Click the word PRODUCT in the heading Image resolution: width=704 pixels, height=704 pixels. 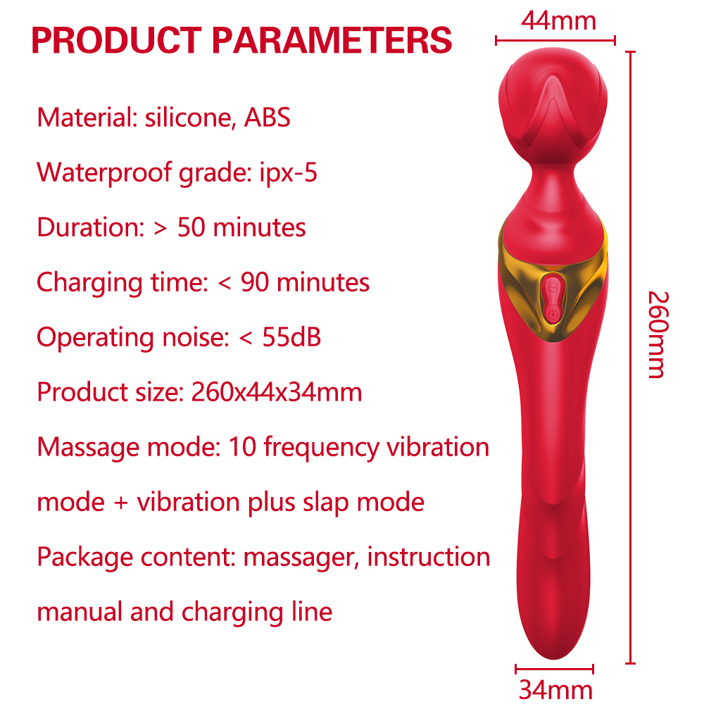coord(117,40)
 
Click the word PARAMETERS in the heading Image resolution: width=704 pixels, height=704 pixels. coord(332,40)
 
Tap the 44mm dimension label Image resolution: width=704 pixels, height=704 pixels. coord(558,20)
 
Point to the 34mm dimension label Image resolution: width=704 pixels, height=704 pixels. coord(555,690)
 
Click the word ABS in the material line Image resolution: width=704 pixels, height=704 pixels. coord(267,118)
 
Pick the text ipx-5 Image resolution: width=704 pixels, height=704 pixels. coord(288,173)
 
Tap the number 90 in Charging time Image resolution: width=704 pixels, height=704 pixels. coord(255,282)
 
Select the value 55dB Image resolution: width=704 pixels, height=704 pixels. coord(291,337)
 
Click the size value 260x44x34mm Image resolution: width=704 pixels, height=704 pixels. coord(277,392)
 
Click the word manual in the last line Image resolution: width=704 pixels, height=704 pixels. coord(80,612)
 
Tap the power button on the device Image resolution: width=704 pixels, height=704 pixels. coord(553,314)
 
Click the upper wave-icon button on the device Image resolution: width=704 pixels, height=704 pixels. coord(553,286)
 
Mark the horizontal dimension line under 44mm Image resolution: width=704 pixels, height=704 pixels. coord(555,40)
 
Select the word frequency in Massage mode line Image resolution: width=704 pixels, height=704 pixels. coord(322,448)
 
